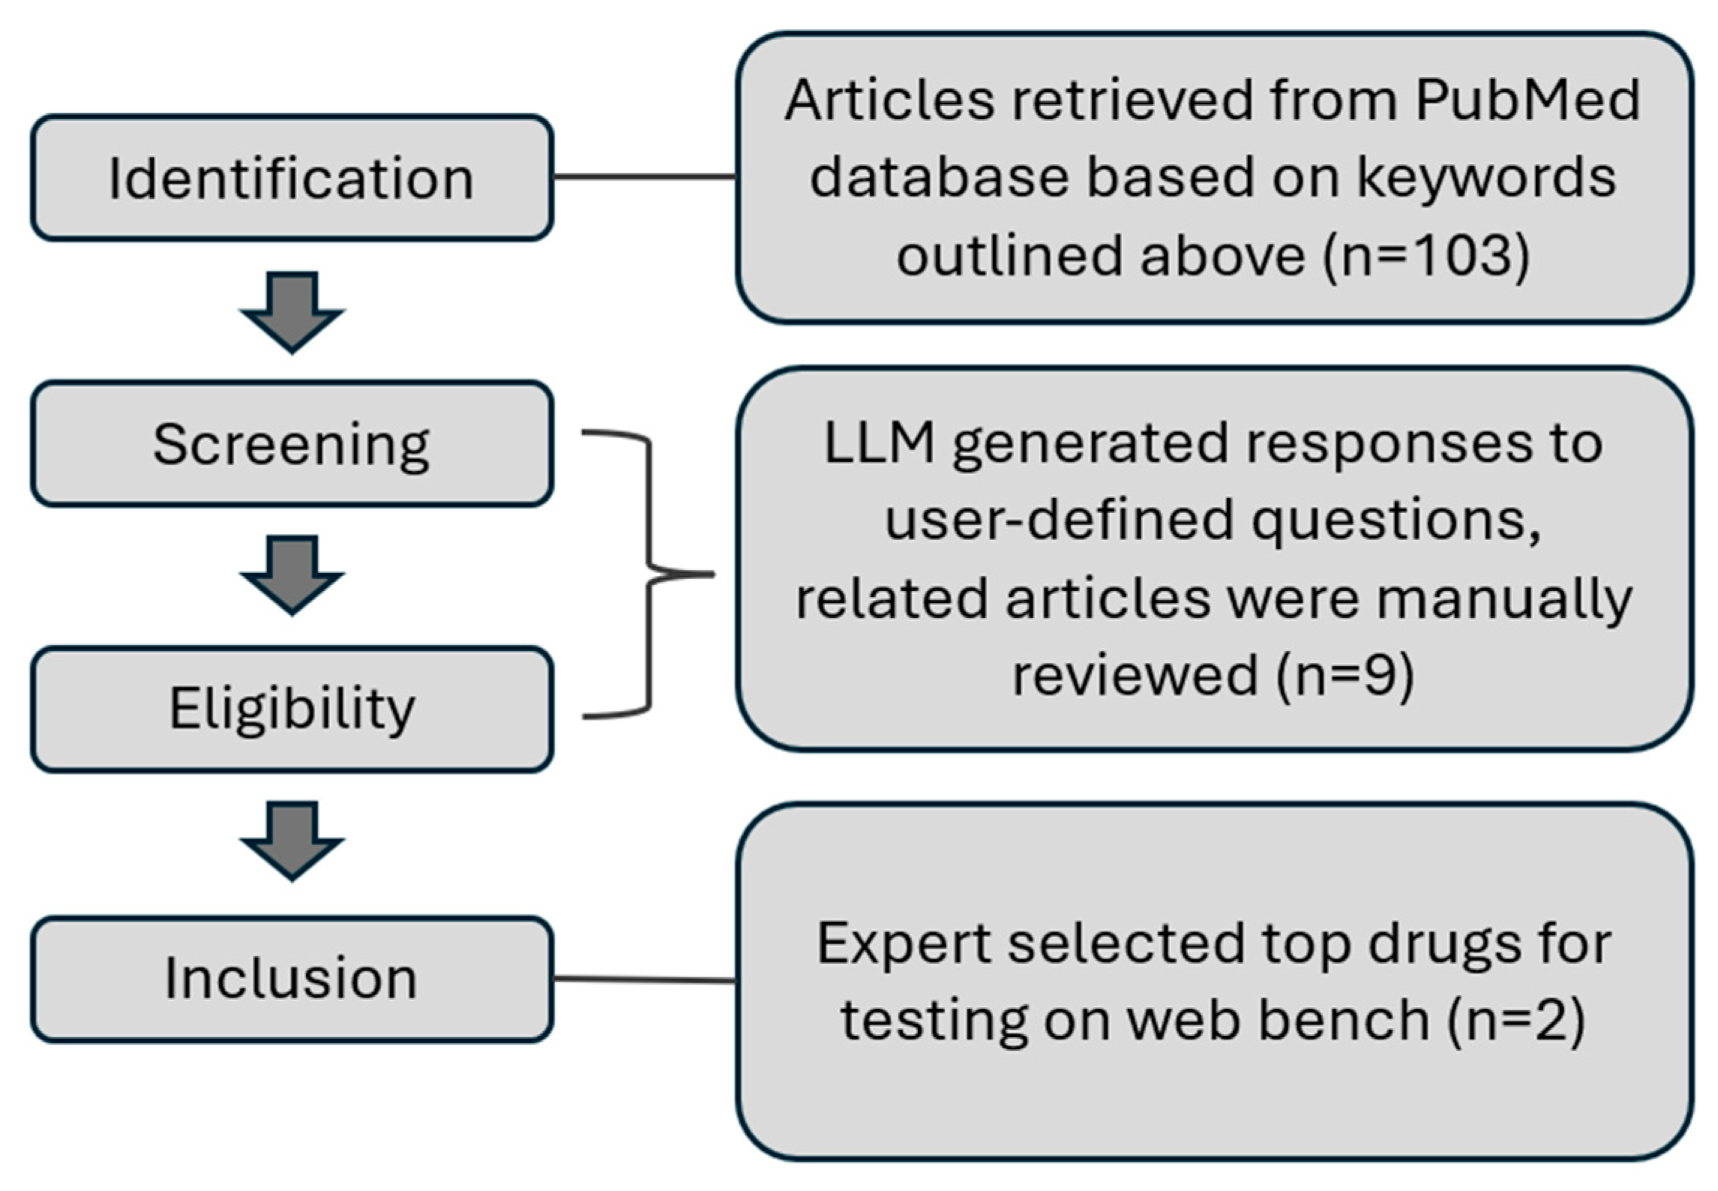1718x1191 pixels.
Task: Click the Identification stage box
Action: click(292, 178)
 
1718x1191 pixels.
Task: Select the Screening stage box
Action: click(292, 444)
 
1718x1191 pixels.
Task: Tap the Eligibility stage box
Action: click(292, 709)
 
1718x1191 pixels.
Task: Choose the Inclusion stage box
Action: click(292, 979)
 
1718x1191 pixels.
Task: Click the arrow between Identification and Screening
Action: click(292, 311)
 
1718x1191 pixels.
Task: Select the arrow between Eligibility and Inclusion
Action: click(292, 840)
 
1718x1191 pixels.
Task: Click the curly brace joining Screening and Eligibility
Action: click(649, 574)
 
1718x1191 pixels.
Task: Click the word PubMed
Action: click(1528, 100)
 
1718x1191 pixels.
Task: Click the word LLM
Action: click(879, 443)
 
